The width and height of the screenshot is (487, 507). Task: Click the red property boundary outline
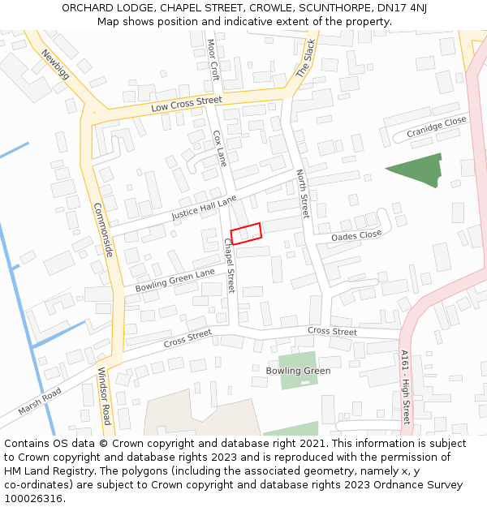pyautogui.click(x=246, y=233)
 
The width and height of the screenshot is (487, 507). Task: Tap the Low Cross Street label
pyautogui.click(x=186, y=104)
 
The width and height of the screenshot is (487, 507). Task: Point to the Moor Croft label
pyautogui.click(x=213, y=59)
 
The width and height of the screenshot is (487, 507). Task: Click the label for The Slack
pyautogui.click(x=304, y=59)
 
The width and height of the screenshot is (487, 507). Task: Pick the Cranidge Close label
pyautogui.click(x=437, y=126)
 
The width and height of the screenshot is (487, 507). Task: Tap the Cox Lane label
pyautogui.click(x=219, y=148)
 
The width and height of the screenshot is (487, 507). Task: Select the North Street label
pyautogui.click(x=303, y=194)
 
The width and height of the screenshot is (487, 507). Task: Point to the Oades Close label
pyautogui.click(x=356, y=235)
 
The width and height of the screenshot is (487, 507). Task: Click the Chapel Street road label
pyautogui.click(x=229, y=264)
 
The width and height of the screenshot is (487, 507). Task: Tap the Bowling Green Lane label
pyautogui.click(x=175, y=280)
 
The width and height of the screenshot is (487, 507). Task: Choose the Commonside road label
pyautogui.click(x=102, y=230)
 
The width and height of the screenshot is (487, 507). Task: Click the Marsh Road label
pyautogui.click(x=40, y=401)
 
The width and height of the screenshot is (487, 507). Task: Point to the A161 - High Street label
pyautogui.click(x=405, y=386)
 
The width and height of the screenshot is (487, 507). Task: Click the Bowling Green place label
pyautogui.click(x=298, y=371)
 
